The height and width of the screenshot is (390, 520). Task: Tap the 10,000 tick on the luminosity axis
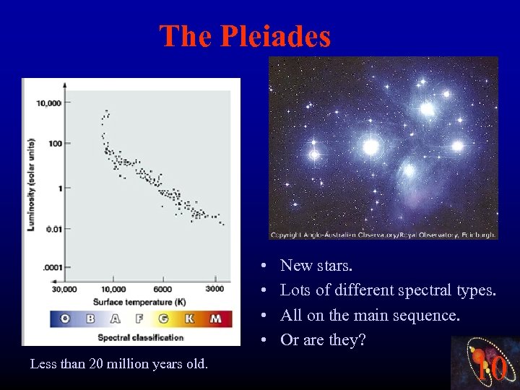49,103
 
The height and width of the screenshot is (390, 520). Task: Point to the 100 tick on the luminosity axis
54,143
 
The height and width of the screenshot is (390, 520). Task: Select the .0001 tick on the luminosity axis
52,268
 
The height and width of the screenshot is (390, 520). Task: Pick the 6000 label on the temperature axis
162,290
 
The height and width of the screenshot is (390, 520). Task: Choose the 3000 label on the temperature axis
214,290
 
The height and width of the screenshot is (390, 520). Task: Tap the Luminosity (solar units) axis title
31,184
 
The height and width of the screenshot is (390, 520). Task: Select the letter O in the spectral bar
65,318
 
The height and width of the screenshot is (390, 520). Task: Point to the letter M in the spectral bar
215,318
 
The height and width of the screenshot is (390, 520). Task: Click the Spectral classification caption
140,337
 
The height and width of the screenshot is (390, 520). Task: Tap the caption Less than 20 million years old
119,363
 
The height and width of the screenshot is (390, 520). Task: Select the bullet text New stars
316,266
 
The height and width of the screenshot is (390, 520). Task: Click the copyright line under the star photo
383,235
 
